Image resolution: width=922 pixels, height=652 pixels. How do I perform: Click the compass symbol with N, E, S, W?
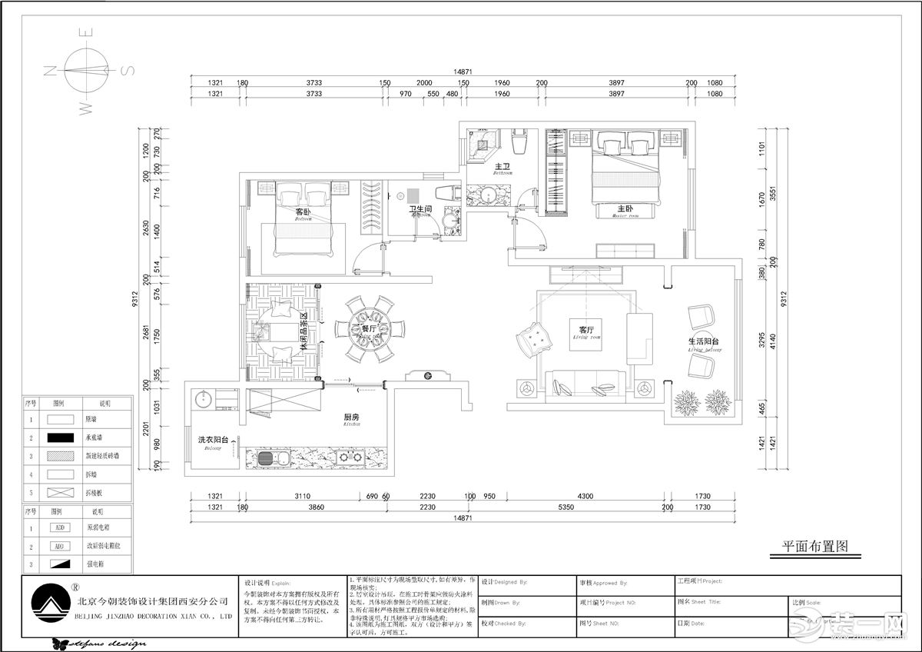click(86, 72)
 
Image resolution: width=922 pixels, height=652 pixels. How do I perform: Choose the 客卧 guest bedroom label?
click(303, 212)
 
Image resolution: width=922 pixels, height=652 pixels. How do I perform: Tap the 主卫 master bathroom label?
click(503, 167)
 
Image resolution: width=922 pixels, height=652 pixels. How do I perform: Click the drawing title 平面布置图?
click(814, 547)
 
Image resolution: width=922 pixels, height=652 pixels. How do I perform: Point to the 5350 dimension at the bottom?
click(566, 508)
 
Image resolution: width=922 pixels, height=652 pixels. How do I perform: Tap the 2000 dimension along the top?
click(424, 83)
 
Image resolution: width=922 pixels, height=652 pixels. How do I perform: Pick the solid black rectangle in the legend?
click(61, 437)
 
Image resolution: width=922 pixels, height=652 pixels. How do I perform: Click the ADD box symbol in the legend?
click(61, 528)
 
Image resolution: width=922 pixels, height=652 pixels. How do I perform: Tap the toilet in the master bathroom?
click(519, 142)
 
